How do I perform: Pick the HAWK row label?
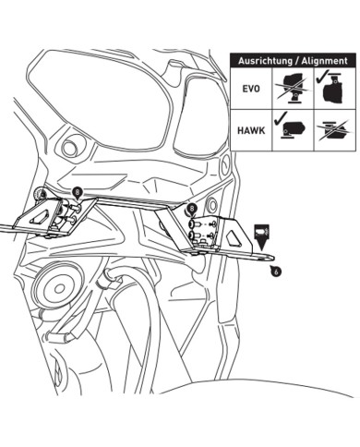click(x=246, y=129)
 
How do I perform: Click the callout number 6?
click(x=276, y=271)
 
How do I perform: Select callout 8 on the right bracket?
click(x=192, y=211)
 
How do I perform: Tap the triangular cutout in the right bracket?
click(x=234, y=236)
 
